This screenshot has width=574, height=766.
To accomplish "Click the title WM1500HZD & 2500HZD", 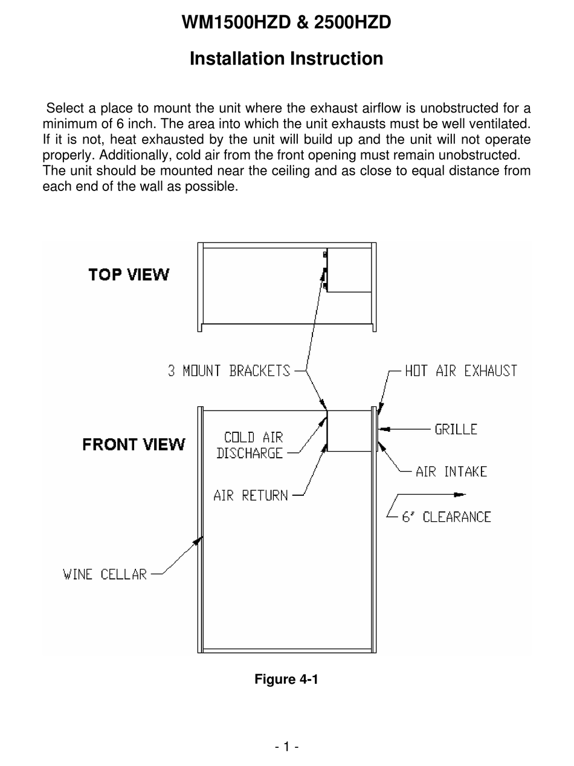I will (286, 22).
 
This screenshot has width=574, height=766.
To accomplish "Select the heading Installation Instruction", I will (286, 59).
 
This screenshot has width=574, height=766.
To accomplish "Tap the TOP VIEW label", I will (129, 274).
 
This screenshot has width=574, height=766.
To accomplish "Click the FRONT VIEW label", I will (134, 445).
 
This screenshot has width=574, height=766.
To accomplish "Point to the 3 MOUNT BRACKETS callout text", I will (229, 371).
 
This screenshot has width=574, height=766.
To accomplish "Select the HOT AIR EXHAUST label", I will (461, 371).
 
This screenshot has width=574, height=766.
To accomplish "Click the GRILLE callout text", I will (456, 429).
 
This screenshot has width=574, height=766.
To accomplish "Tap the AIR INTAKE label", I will (451, 472).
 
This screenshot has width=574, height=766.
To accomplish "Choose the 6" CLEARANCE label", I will (447, 517).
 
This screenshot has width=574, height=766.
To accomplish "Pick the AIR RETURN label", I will (251, 496).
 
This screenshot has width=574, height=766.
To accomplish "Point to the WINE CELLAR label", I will (105, 574).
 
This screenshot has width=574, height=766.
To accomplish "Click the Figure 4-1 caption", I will (286, 679).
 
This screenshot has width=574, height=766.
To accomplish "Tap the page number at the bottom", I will (286, 747).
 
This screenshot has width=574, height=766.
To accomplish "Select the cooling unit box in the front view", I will (349, 430).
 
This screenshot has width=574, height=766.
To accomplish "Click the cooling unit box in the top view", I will (349, 270).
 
